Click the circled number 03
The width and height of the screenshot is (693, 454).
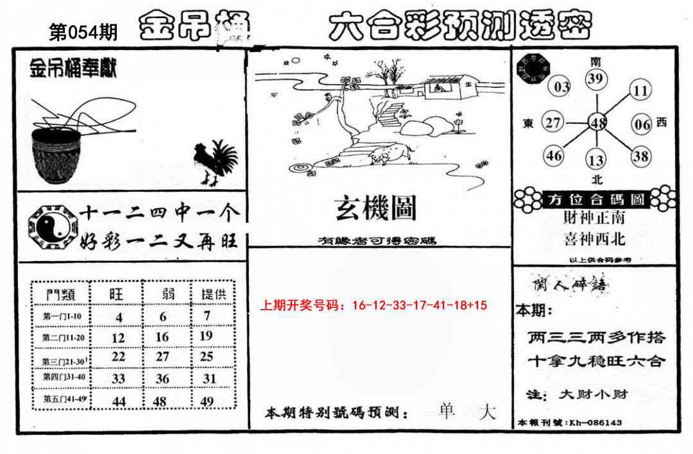(561, 87)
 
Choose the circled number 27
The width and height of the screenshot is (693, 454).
(553, 122)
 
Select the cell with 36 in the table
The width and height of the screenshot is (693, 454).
(162, 379)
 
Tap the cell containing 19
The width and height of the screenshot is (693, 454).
(206, 335)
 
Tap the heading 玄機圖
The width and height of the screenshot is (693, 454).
(375, 208)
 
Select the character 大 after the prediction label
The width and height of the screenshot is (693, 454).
(487, 412)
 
